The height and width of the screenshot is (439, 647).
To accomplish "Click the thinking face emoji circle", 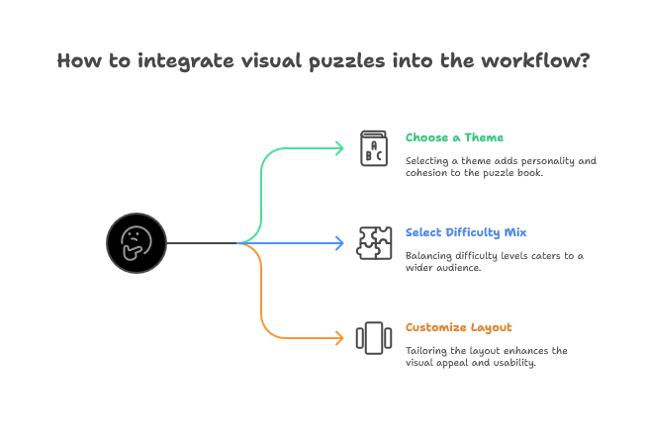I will pos(135,242).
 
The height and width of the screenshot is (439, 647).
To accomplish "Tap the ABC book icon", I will pos(374,148).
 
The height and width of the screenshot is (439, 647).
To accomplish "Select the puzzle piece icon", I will pos(374,242).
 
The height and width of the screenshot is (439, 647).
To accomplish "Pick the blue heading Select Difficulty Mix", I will pos(465,232).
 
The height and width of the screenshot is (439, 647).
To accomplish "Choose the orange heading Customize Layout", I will pos(458,327).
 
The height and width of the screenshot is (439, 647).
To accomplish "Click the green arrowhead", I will pos(338,148).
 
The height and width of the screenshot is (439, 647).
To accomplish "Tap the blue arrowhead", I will pos(338,242).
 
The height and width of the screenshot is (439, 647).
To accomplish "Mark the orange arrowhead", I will pos(338,336).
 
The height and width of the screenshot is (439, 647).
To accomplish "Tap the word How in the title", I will pos(78,60).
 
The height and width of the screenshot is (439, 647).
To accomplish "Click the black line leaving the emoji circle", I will pos(203,242).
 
